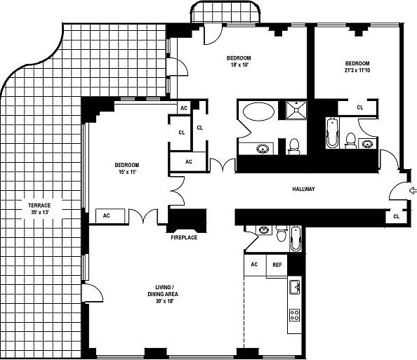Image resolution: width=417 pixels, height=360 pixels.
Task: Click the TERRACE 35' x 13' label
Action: click(x=39, y=208)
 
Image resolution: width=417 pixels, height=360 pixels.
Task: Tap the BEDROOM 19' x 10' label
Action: click(x=239, y=61)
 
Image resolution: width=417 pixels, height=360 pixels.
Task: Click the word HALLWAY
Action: click(x=303, y=189)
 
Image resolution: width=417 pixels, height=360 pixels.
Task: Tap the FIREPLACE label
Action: click(x=184, y=238)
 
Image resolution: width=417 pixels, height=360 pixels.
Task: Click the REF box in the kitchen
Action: click(x=277, y=265)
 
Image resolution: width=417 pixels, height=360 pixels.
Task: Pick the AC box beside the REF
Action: click(x=255, y=265)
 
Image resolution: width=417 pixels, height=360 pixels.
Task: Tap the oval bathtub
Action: click(x=258, y=112)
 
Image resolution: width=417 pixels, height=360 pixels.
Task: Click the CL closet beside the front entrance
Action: click(x=396, y=216)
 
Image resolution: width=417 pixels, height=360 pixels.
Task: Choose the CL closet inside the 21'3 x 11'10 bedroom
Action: click(x=359, y=107)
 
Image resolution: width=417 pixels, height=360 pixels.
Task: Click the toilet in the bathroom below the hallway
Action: click(x=281, y=232)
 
